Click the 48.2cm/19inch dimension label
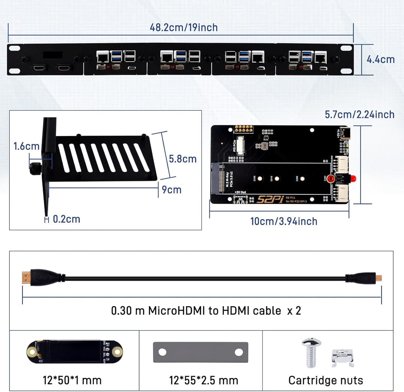184,27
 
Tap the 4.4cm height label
380,59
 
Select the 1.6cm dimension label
26,146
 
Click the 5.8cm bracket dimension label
183,159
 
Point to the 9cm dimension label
171,190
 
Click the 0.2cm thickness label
66,219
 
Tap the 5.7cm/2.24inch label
359,114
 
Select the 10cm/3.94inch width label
284,221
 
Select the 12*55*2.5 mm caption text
203,380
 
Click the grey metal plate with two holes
201,352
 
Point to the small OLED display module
74,352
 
